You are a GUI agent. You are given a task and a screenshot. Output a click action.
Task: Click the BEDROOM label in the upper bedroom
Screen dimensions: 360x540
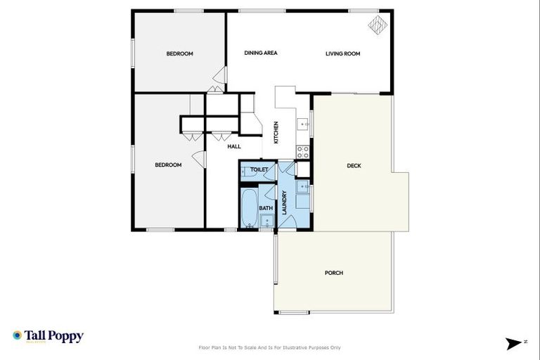pyautogui.click(x=179, y=53)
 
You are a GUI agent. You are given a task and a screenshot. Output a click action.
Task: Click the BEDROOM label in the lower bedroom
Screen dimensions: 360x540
pyautogui.click(x=168, y=165)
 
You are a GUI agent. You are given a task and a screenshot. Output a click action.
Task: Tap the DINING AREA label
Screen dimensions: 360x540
pyautogui.click(x=261, y=53)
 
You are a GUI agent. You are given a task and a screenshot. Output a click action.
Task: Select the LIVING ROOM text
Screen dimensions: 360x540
pyautogui.click(x=342, y=53)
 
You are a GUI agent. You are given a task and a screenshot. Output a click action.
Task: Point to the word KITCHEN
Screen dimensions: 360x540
pyautogui.click(x=276, y=132)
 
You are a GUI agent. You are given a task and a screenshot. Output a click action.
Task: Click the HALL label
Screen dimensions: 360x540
pyautogui.click(x=234, y=146)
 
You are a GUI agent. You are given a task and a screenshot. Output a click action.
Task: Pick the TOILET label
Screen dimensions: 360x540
pyautogui.click(x=259, y=169)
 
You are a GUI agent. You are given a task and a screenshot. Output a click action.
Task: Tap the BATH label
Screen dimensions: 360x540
pyautogui.click(x=266, y=208)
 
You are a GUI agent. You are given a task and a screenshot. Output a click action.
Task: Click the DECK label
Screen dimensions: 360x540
pyautogui.click(x=354, y=166)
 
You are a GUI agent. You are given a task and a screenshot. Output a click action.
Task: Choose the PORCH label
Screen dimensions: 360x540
pyautogui.click(x=334, y=273)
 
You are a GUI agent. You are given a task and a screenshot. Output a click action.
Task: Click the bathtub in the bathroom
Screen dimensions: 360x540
pyautogui.click(x=249, y=207)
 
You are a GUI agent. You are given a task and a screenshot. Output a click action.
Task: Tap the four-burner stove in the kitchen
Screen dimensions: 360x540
pyautogui.click(x=303, y=151)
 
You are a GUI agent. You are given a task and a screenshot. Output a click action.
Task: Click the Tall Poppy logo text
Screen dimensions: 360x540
pyautogui.click(x=53, y=336)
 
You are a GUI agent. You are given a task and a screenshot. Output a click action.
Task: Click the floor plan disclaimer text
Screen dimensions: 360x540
pyautogui.click(x=271, y=347)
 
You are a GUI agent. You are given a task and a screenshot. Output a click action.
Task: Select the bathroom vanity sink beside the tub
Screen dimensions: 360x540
pyautogui.click(x=266, y=221)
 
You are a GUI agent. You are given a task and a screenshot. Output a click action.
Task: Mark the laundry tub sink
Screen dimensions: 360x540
pyautogui.click(x=301, y=186)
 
